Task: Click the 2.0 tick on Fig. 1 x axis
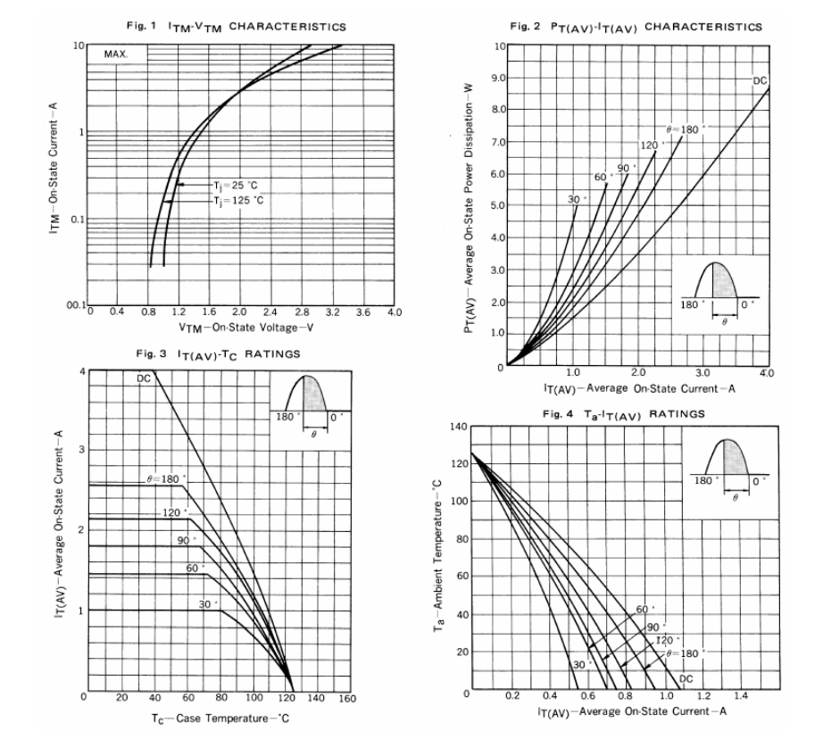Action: pos(238,312)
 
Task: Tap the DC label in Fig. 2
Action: pos(760,81)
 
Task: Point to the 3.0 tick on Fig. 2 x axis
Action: pos(703,373)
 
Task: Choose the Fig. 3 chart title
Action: pos(219,355)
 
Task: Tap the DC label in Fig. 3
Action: pos(144,378)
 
